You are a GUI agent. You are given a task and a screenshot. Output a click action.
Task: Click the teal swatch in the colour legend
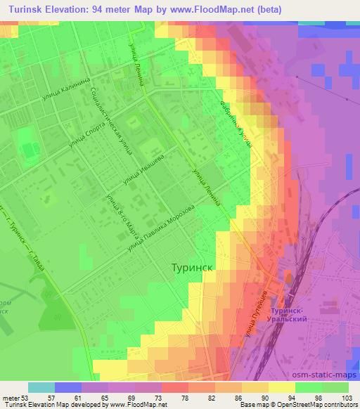[x=41, y=387]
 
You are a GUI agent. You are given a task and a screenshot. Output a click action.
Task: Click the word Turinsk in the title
[x=26, y=10]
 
